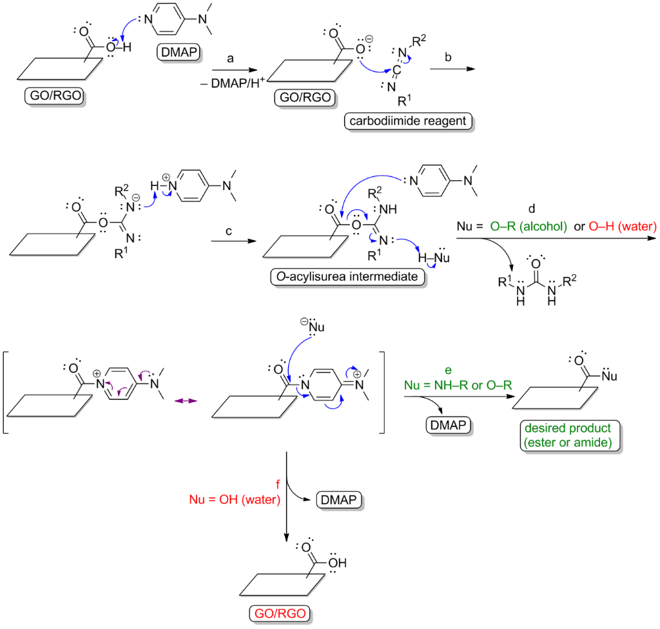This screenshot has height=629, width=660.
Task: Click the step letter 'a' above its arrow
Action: (230, 58)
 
